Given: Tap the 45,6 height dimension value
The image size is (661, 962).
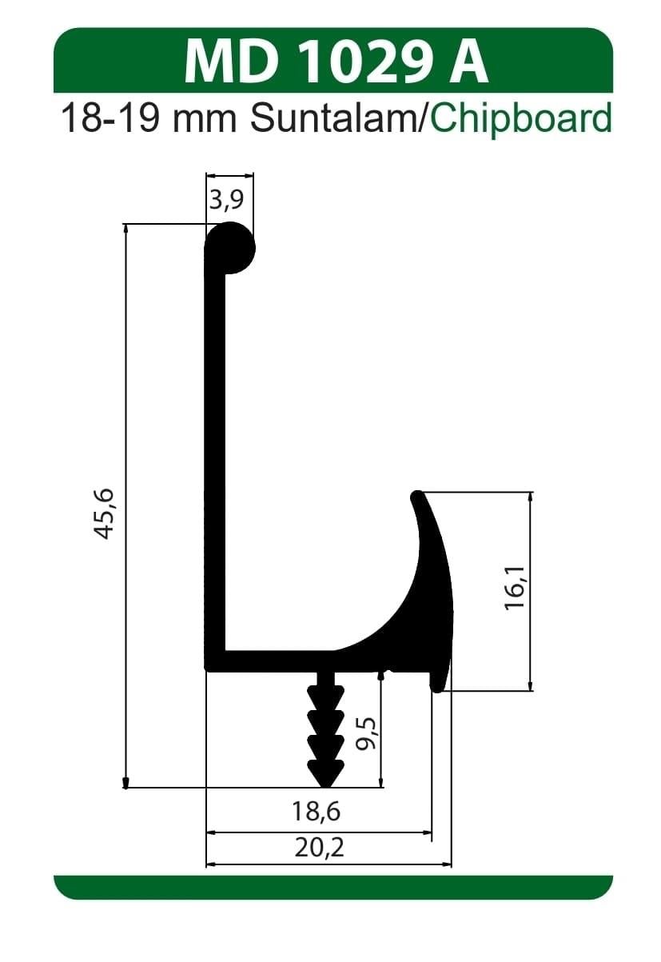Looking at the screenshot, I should (106, 513).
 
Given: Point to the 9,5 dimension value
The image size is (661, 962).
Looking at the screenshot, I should (367, 732).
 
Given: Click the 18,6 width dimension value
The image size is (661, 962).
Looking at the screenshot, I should (317, 812).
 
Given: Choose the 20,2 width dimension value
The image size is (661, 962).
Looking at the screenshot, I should (319, 848).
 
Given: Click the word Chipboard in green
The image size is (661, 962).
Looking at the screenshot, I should (521, 119).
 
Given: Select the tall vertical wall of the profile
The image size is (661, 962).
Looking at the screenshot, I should (215, 464).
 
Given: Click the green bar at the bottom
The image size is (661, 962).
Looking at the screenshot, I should (332, 887).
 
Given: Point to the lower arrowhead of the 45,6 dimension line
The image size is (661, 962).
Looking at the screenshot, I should (125, 782).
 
